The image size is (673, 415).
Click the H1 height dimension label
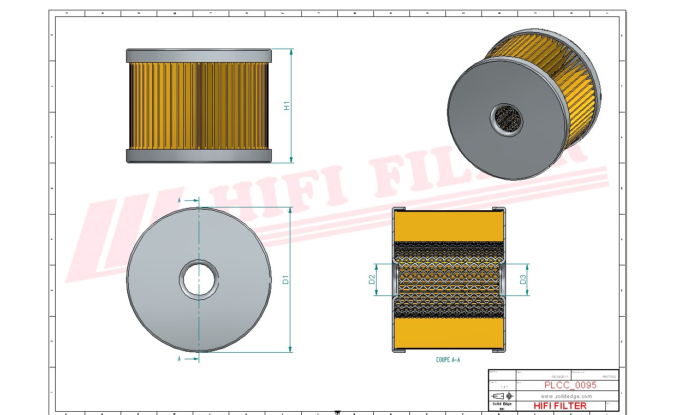pos(287,106)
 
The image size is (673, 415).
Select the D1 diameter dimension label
pos(285,280)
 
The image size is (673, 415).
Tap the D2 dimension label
pos(372,280)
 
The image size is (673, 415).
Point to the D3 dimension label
pos(522,280)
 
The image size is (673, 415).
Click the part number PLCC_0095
pos(570,385)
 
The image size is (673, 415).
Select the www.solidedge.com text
pos(566,396)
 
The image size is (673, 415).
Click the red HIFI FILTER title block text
pos(559,406)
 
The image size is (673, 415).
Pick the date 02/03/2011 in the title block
pos(559,377)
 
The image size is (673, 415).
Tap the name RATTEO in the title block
pos(609,377)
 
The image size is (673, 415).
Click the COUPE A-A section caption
pos(448,360)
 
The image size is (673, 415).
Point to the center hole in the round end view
pos(199,280)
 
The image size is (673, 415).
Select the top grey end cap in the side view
pos(199,55)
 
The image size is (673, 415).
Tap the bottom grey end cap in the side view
pos(199,156)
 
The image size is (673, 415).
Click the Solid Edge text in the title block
pos(502,404)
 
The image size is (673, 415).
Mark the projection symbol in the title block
pos(502,395)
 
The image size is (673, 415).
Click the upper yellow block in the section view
pos(448,226)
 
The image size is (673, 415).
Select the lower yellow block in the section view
pos(448,334)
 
